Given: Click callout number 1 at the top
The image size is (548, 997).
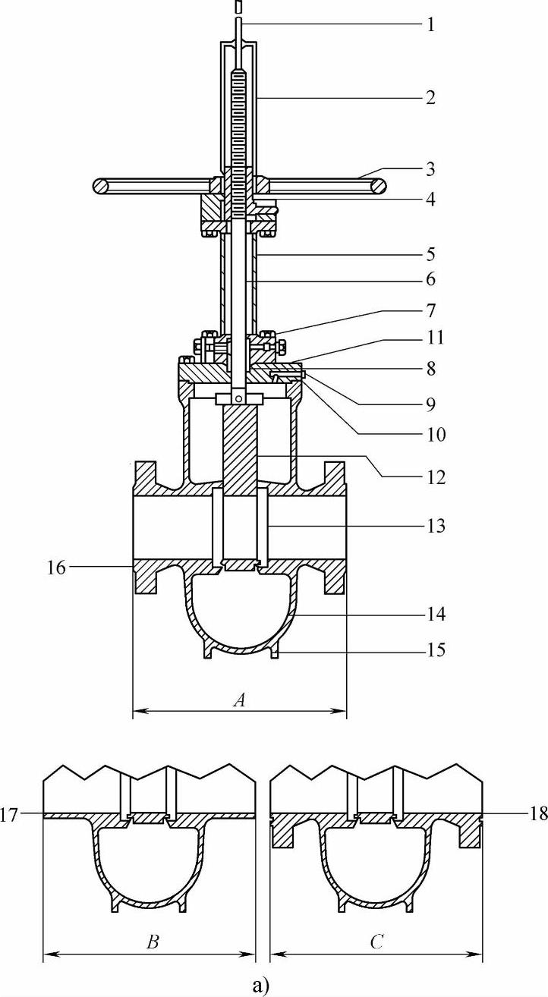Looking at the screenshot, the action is [430, 24].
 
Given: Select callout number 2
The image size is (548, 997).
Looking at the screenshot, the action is [430, 97].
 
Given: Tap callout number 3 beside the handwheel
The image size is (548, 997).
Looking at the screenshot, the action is [430, 169].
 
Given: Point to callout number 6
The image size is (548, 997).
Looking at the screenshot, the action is [430, 279].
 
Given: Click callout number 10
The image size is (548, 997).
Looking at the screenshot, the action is [436, 434].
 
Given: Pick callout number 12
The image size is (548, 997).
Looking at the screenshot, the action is [436, 477].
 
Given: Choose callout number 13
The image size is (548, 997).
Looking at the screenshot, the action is [436, 526].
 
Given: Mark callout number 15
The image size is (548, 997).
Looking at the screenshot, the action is [436, 649].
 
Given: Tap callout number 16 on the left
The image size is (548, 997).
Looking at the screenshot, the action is [57, 568].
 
